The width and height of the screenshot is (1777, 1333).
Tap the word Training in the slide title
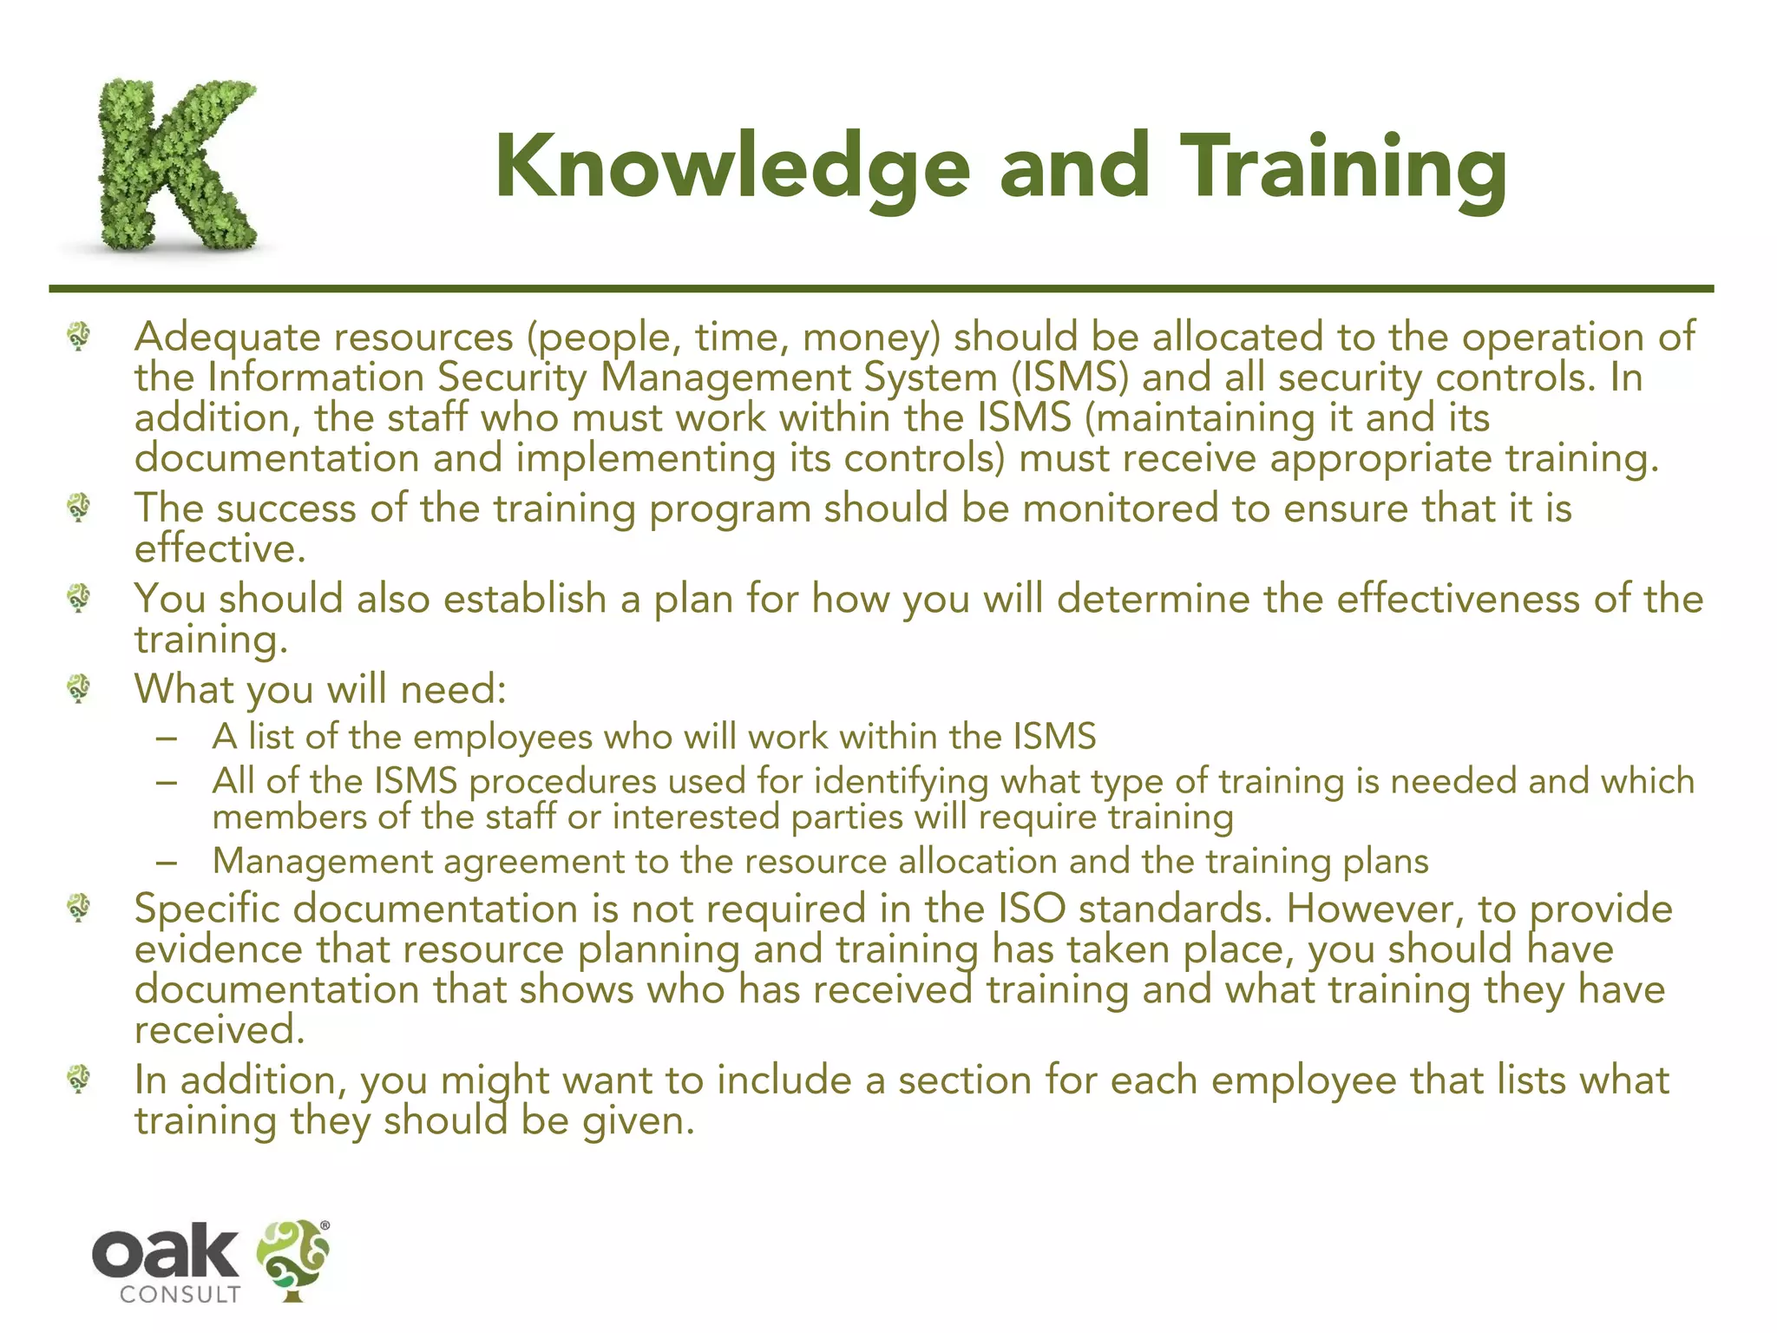tap(1344, 167)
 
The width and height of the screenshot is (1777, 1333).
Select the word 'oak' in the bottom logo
tap(165, 1251)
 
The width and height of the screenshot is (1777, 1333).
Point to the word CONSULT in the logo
tap(180, 1295)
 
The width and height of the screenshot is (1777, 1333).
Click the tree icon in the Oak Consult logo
tap(293, 1259)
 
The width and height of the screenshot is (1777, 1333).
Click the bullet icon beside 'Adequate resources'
tap(79, 336)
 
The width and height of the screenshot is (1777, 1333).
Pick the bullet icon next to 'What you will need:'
tap(79, 689)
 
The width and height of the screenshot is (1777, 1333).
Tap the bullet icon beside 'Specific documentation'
tap(79, 909)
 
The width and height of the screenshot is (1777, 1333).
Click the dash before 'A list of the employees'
tap(167, 738)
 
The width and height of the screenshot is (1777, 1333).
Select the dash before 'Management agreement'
tap(167, 863)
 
